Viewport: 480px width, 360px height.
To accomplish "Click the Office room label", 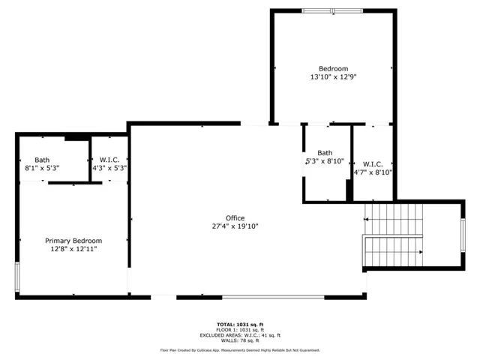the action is point(235,218).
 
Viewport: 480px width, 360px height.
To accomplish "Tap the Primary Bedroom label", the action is point(73,241).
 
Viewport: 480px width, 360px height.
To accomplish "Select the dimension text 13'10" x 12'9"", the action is point(333,76).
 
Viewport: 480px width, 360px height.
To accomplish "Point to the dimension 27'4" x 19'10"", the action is point(235,226).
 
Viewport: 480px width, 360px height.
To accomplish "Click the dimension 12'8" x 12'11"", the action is point(73,249).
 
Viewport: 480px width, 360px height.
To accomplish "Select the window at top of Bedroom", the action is point(332,11).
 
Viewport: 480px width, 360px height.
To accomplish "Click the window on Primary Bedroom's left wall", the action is point(17,277).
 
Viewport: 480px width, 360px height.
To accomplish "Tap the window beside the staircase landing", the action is point(463,235).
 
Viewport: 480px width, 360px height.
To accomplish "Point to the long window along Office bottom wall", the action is point(273,297).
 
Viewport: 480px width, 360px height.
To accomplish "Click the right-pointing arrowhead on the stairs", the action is point(421,252).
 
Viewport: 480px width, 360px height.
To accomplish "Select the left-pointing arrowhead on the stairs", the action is point(365,219).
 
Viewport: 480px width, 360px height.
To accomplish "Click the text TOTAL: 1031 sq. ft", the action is point(240,325).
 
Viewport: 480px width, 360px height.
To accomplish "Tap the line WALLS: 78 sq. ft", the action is point(240,340).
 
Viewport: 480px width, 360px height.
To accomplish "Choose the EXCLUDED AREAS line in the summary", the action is point(240,335).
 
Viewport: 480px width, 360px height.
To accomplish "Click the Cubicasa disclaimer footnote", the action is point(240,350).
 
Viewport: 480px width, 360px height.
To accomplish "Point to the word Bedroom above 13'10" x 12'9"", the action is point(333,68).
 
